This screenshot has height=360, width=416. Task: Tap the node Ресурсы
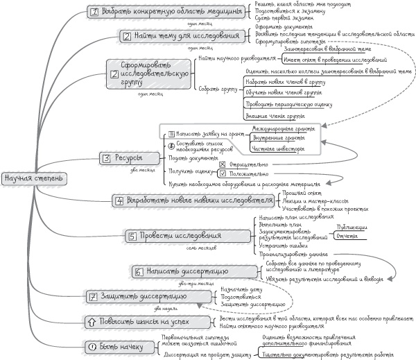pyautogui.click(x=121, y=158)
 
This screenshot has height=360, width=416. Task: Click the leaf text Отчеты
pyautogui.click(x=346, y=237)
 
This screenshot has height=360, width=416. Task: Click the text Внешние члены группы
pyautogui.click(x=270, y=115)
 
